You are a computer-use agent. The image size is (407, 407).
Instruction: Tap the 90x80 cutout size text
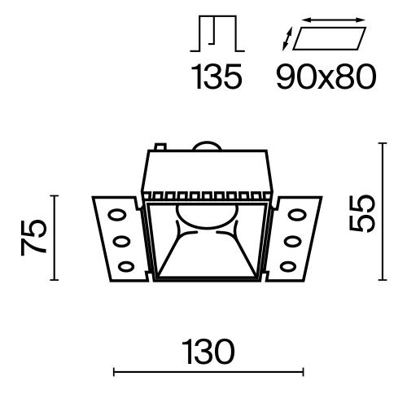pos(326,77)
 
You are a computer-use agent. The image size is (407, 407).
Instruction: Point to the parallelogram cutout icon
pos(328,38)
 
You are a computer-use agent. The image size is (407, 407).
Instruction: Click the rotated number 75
pos(32,238)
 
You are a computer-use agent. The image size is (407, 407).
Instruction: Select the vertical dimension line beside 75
pos(55,238)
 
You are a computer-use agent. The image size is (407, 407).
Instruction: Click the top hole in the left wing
pos(116,218)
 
